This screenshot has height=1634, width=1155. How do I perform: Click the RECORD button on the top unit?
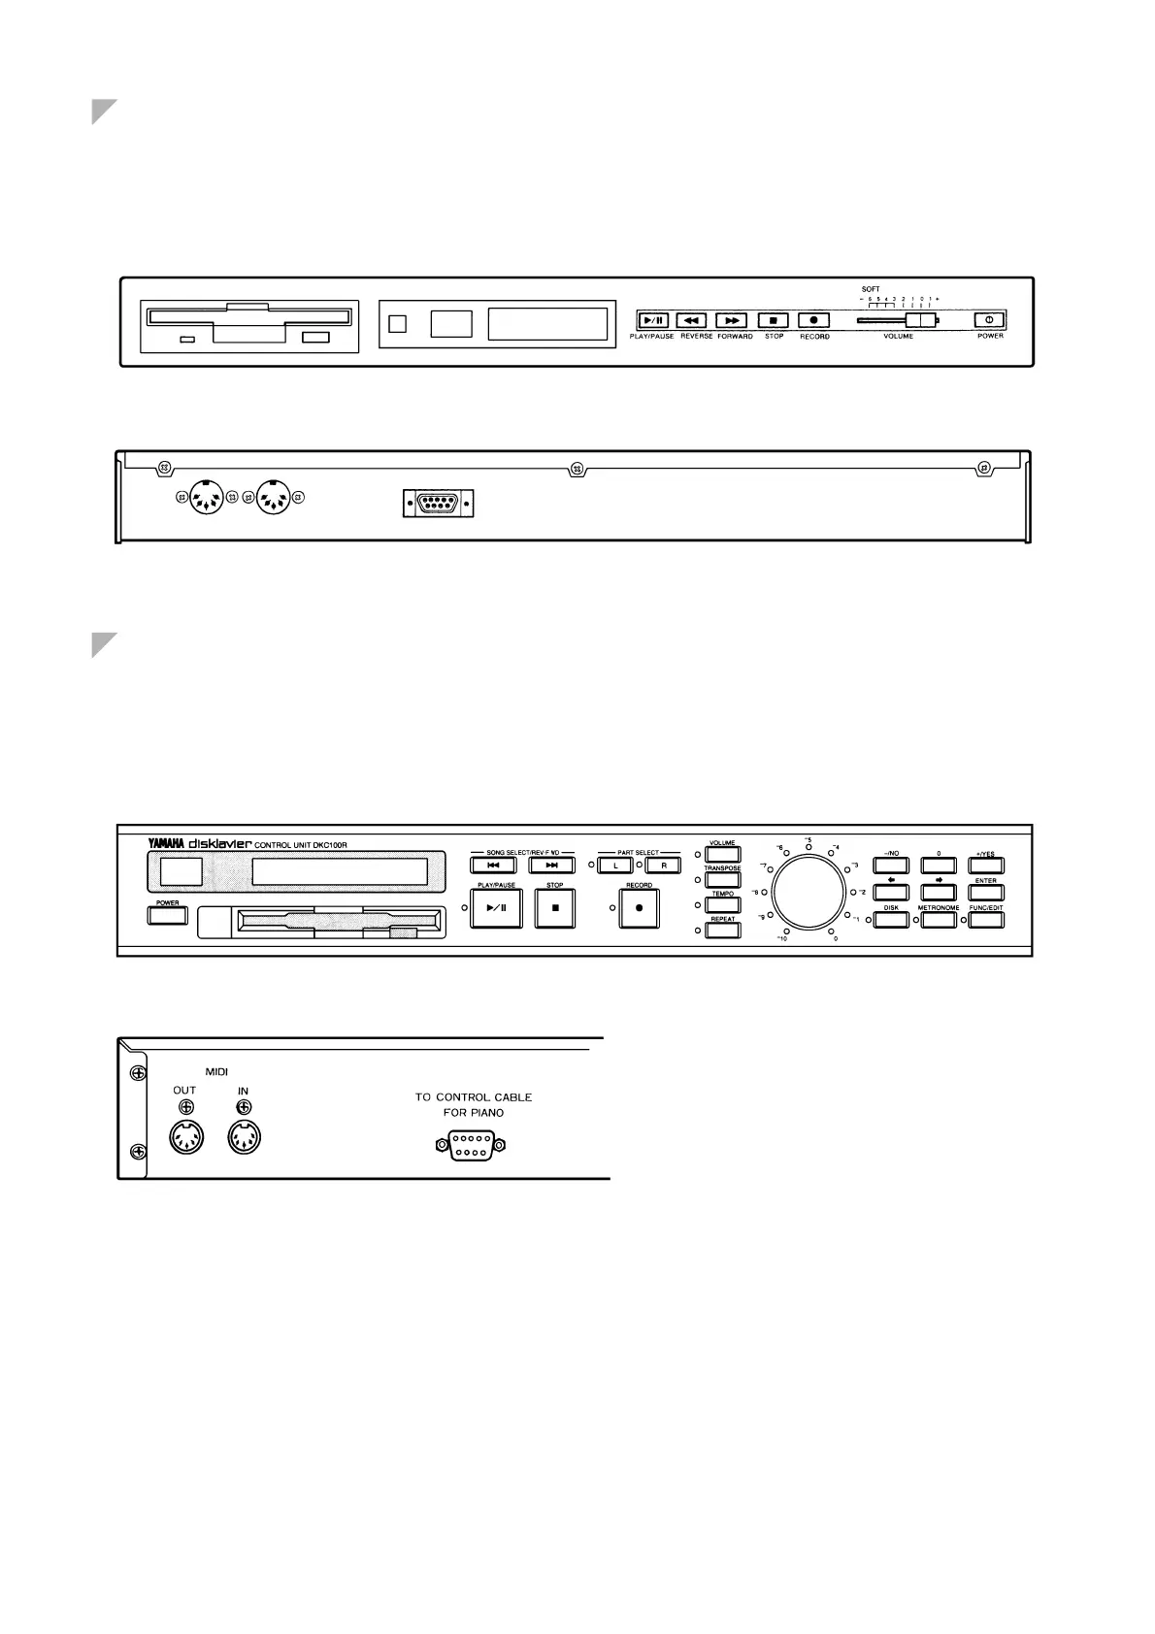813,320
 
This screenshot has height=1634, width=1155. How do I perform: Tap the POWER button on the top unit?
989,320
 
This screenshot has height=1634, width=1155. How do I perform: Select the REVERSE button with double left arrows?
690,320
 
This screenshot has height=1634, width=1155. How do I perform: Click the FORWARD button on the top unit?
731,320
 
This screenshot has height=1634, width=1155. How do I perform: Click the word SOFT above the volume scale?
871,289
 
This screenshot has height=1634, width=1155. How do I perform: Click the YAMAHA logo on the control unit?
165,843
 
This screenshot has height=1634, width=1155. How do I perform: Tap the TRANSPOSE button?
722,881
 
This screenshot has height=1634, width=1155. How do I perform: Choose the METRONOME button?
939,918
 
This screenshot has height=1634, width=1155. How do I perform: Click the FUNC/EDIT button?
985,918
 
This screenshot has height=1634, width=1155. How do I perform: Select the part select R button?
663,866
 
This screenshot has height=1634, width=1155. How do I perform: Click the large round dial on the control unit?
808,892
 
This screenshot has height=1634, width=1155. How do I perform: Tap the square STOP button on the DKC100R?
556,908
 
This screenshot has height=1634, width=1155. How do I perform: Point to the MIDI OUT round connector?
185,1137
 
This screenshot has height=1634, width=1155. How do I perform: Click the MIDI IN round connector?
244,1137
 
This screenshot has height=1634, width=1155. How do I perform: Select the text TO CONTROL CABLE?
474,1097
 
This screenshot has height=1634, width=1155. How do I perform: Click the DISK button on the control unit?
891,918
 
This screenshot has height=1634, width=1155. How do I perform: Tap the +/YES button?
985,866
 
